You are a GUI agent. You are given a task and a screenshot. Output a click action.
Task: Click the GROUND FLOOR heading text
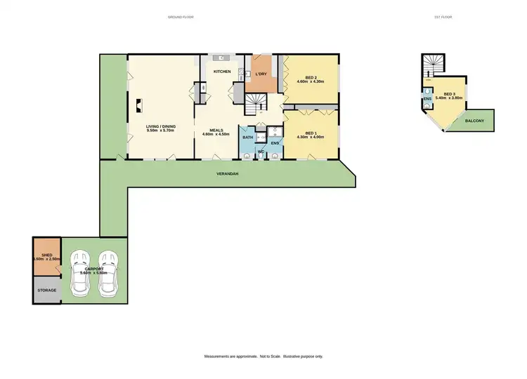pos(181,16)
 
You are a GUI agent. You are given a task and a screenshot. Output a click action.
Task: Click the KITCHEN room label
pos(222,71)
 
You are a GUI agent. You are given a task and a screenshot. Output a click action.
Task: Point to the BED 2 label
pos(311,78)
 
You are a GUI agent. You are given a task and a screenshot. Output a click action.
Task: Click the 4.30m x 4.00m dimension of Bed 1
pos(311,137)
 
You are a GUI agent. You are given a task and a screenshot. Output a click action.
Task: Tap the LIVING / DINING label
pos(161,126)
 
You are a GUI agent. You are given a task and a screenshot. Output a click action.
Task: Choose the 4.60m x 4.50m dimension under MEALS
pos(216,134)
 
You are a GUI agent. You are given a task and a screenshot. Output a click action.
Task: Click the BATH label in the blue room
pos(247,138)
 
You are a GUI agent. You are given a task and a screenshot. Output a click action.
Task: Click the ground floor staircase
pos(253,105)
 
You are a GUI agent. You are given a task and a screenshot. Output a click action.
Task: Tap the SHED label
pos(46,255)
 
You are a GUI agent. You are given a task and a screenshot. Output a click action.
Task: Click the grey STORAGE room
pos(46,290)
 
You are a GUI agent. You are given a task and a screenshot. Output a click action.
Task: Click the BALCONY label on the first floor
pos(475,121)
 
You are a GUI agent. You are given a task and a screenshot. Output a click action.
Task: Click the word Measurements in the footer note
pos(217,357)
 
